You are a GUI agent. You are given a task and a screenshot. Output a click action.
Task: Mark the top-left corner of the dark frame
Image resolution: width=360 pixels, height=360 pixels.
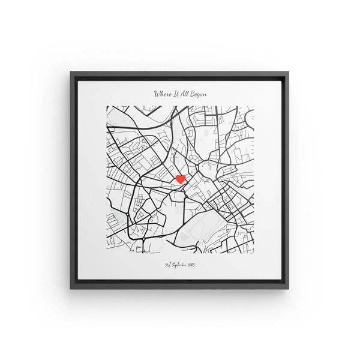71,72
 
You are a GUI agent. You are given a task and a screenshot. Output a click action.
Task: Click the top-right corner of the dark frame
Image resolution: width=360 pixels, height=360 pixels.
289,72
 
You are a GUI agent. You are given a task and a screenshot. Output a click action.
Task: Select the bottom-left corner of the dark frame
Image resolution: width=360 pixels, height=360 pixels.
71,289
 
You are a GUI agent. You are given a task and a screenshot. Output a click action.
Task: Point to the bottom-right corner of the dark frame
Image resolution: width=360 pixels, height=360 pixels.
289,289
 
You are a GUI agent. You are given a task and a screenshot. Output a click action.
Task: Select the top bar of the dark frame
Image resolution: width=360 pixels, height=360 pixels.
180,73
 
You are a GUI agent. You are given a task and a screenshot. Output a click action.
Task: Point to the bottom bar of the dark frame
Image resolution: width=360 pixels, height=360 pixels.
180,287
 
